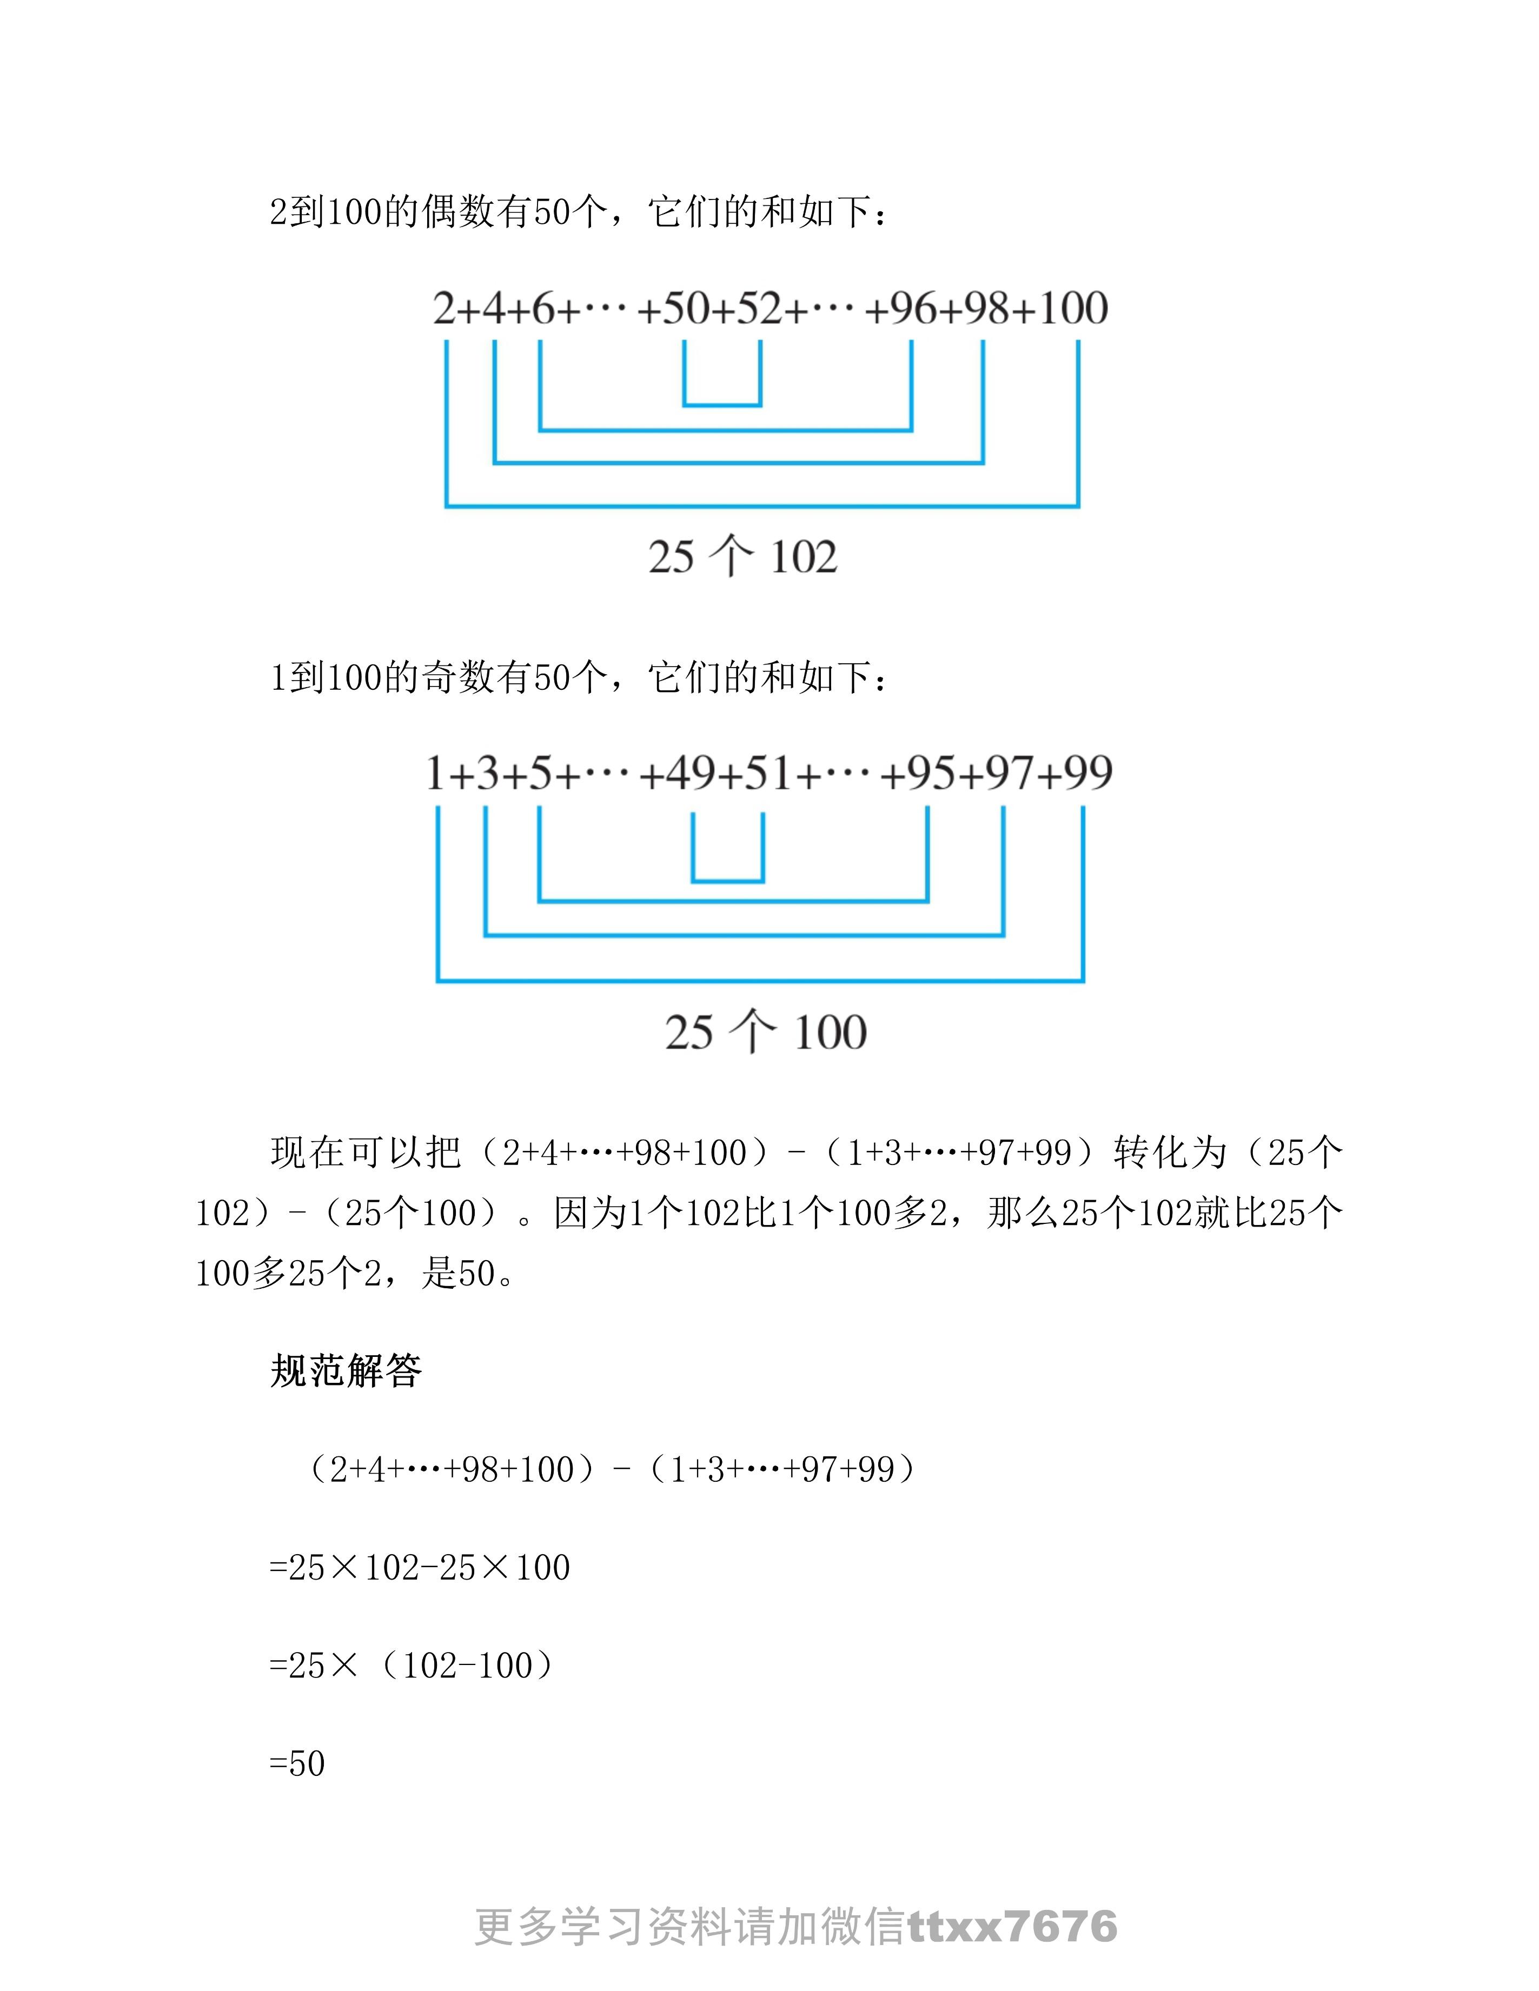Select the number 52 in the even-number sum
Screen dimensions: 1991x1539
[759, 308]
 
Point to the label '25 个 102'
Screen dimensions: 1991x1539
[742, 556]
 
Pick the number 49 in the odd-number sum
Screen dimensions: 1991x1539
[691, 773]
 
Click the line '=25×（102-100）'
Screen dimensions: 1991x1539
[412, 1666]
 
